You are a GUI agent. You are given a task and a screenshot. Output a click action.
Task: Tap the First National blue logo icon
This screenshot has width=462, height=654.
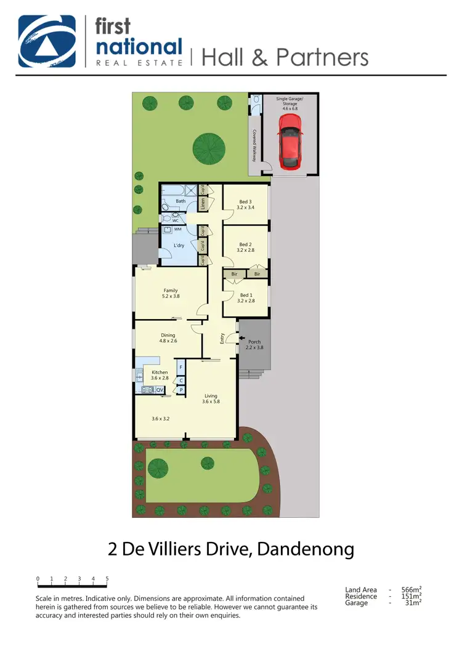tap(47, 41)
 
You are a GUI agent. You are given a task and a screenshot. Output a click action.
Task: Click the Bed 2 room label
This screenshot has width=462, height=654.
tap(245, 248)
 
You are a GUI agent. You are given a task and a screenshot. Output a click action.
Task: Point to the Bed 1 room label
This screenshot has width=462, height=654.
tap(246, 297)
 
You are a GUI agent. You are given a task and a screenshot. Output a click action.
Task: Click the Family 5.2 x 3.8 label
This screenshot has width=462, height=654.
tap(171, 293)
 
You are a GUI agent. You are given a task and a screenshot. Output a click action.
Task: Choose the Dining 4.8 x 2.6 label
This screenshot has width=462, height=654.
tap(168, 338)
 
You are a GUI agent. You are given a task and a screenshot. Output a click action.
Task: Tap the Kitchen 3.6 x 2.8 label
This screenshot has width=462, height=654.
tap(160, 376)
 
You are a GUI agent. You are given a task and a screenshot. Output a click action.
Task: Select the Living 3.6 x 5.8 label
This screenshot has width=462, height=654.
tap(211, 398)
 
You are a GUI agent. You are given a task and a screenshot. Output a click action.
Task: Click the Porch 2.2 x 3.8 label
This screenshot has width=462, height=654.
tap(254, 345)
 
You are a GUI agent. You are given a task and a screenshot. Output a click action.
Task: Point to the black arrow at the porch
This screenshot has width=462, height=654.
tap(242, 338)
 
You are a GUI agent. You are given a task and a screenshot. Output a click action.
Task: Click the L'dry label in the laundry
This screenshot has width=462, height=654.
tap(179, 245)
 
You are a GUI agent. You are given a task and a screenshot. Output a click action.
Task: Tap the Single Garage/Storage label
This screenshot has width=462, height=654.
tap(290, 104)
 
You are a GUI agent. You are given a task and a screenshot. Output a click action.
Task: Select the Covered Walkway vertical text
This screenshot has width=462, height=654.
tap(253, 145)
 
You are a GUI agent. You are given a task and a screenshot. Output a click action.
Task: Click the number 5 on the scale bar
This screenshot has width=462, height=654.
tap(107, 579)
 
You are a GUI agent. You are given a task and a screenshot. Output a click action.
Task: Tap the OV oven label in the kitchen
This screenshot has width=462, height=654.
tap(159, 390)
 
